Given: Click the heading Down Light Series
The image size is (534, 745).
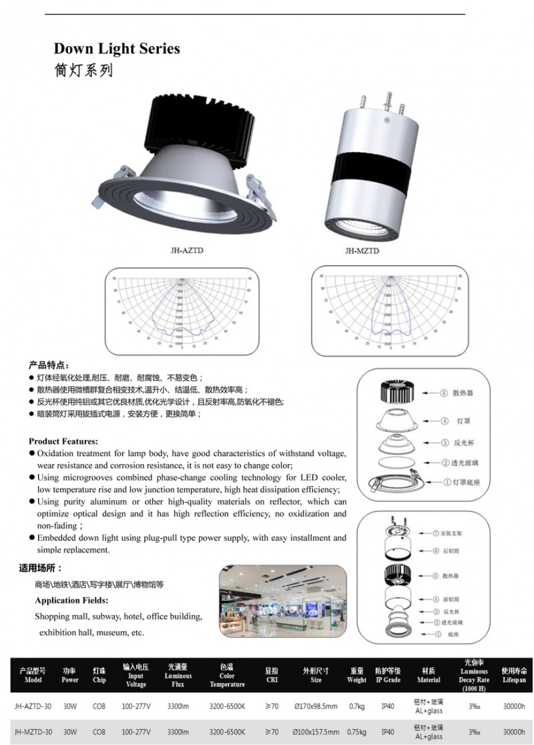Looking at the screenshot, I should point(116,49).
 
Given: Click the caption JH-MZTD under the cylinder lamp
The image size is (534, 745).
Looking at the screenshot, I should point(362,251).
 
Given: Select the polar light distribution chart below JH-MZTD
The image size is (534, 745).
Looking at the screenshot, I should point(387,311).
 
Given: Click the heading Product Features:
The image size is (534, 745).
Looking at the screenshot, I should point(63,441).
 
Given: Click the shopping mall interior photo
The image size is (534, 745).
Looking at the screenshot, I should point(283,602).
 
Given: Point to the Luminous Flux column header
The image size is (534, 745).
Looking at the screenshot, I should point(178,675).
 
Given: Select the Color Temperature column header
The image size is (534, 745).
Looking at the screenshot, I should point(227,675).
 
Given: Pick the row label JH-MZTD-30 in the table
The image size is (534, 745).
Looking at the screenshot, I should point(33,732).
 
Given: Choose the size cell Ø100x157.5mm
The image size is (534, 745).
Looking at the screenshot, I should point(316,732).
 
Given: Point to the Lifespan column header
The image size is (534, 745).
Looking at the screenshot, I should point(514,675).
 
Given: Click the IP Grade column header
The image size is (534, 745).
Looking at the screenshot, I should point(388,675).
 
